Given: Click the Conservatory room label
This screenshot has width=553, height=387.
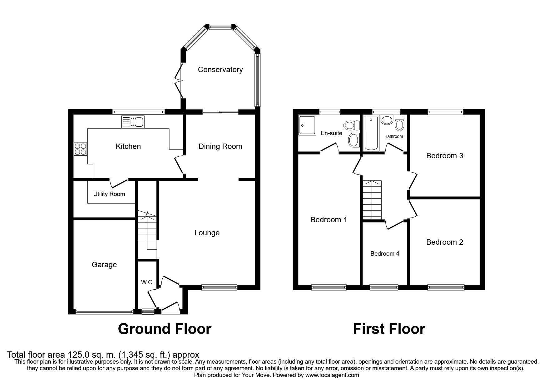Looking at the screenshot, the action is coord(220,70).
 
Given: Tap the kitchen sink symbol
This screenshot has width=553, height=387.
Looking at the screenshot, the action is coord(133,122).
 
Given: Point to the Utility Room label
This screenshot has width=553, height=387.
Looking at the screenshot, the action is coord(109,194).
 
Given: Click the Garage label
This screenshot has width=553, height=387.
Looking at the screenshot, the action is coord(104,265).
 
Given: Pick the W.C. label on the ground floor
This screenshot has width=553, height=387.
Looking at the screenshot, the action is coord(147,282).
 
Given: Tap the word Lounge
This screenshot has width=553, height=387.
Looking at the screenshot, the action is coord(207,233).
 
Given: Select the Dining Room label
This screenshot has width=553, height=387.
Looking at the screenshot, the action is coord(220,146).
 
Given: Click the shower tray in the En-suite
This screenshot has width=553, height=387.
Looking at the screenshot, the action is coord(307,125).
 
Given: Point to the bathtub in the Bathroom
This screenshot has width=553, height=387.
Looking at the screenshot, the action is coord(371,133).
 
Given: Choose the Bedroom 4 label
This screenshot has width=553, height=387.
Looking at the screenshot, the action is coord(385,254).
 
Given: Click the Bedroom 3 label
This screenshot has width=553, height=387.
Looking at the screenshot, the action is coord(445,156).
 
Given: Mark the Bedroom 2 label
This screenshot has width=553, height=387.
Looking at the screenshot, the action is coord(445,242).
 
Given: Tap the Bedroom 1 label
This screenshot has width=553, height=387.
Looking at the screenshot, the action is coord(329,220).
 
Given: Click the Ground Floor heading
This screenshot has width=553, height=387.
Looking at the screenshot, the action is coord(165,329).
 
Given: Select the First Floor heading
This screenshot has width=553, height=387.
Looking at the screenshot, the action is coord(389,329).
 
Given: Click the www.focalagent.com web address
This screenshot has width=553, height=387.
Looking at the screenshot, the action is coord(332,375).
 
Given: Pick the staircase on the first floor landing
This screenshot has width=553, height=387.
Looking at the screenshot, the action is coord(372,200).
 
